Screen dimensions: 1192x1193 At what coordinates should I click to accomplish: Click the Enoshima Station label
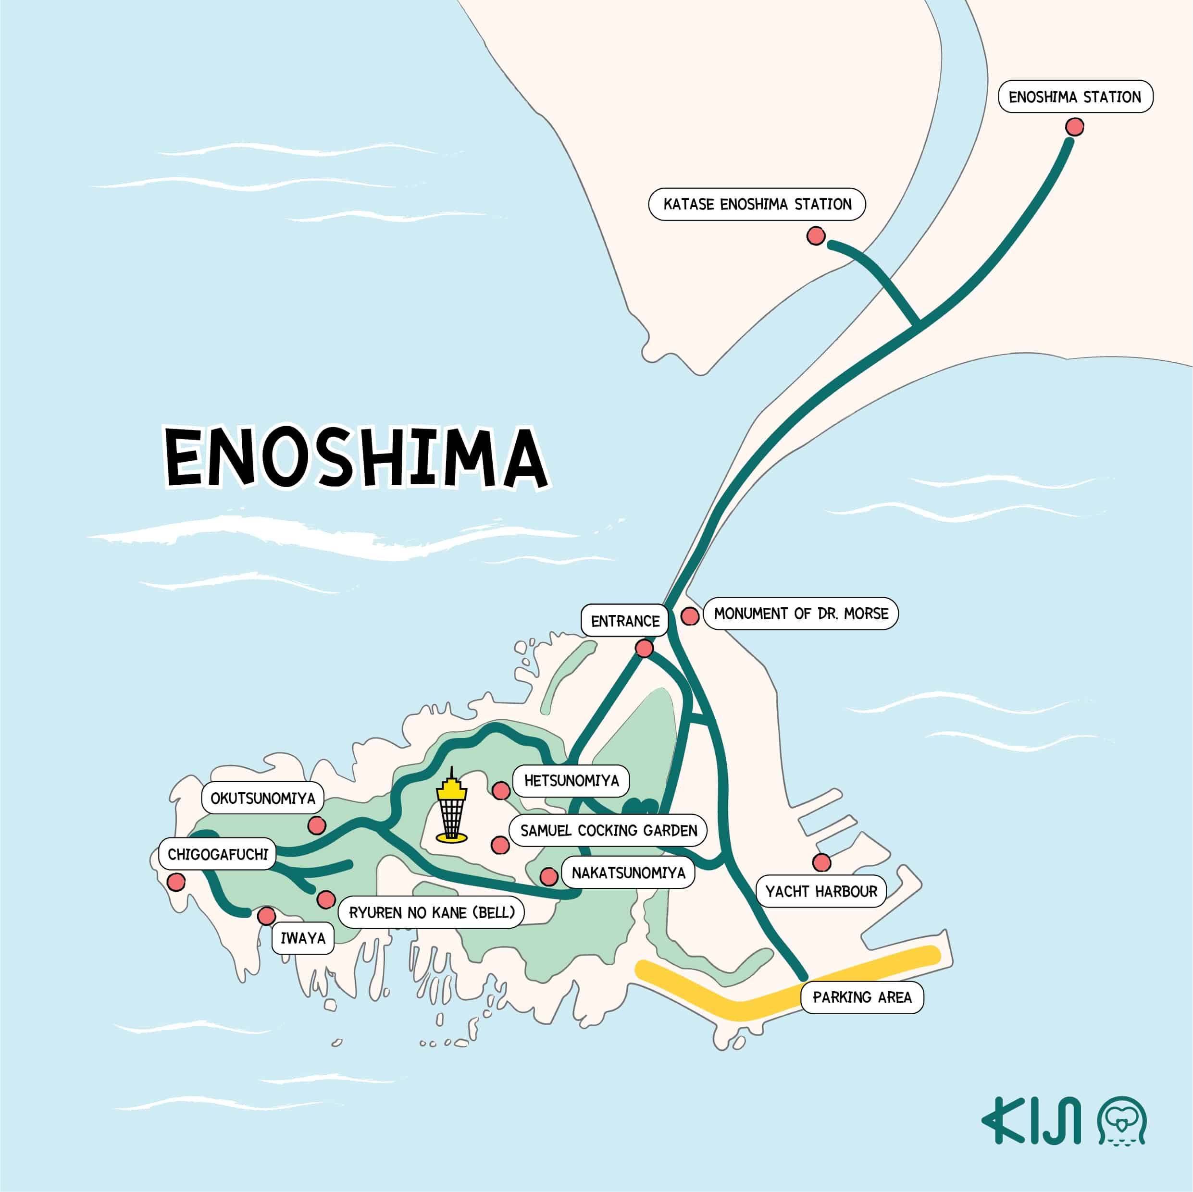click(1075, 97)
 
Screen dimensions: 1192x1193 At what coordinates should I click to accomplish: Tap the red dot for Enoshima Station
click(1074, 127)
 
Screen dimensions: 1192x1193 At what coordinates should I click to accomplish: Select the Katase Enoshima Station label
click(757, 204)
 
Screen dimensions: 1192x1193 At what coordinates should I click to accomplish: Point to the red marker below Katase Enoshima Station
click(816, 236)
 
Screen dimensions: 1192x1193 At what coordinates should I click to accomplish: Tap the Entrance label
click(625, 621)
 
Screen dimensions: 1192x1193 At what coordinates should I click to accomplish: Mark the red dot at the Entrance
click(644, 648)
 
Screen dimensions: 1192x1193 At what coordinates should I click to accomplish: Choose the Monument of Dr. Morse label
click(801, 614)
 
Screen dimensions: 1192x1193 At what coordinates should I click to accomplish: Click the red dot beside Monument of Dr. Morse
click(690, 616)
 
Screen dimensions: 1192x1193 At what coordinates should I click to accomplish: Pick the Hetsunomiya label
click(571, 781)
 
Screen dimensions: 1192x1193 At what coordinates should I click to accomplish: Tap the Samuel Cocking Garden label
click(608, 831)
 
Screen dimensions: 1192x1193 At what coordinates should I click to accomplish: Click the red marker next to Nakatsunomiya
click(548, 876)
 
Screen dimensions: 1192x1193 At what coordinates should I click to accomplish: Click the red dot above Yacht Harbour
click(821, 862)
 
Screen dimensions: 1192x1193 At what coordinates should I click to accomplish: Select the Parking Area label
click(862, 997)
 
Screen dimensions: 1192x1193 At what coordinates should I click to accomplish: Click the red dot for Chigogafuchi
click(176, 882)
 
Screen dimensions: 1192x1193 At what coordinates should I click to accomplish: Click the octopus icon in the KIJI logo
click(1121, 1121)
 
